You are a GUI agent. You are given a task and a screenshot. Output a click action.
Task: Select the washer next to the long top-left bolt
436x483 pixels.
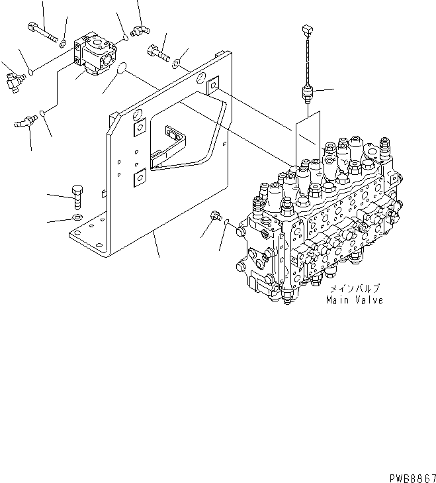(x=62, y=44)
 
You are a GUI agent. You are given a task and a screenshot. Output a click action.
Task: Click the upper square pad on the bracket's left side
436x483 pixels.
(x=139, y=129)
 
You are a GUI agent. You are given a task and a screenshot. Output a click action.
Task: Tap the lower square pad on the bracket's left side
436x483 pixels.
(x=139, y=176)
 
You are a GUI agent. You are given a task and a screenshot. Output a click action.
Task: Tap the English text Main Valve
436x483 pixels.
(x=354, y=300)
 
